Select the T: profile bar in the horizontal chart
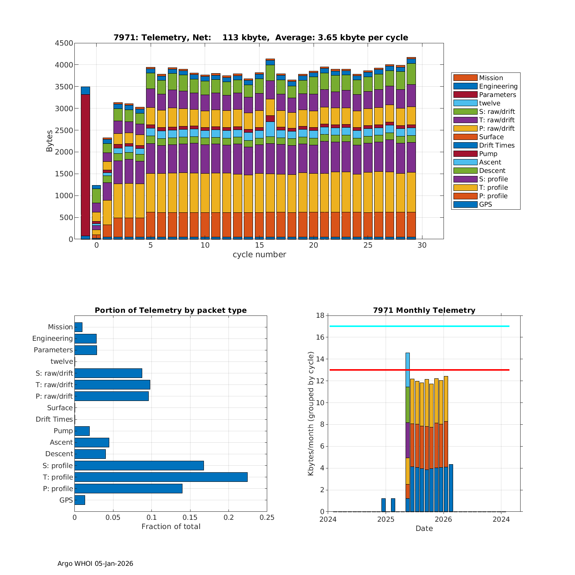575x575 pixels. [161, 477]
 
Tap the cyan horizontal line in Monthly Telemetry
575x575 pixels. [419, 326]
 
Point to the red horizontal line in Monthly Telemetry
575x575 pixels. [419, 370]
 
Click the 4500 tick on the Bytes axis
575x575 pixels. [64, 43]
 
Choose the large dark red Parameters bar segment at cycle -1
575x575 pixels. [85, 165]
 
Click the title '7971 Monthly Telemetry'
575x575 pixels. [424, 310]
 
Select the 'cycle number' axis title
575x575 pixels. [259, 255]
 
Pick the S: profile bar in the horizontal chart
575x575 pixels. [139, 465]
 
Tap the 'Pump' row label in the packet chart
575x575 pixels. [63, 431]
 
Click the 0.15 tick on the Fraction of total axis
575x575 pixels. [190, 517]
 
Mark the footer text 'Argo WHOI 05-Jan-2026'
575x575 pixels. [95, 563]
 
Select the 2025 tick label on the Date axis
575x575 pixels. [386, 519]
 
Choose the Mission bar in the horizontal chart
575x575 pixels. [78, 327]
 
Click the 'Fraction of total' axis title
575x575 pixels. [171, 527]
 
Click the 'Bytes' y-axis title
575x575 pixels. [49, 141]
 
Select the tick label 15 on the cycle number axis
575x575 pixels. [259, 245]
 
